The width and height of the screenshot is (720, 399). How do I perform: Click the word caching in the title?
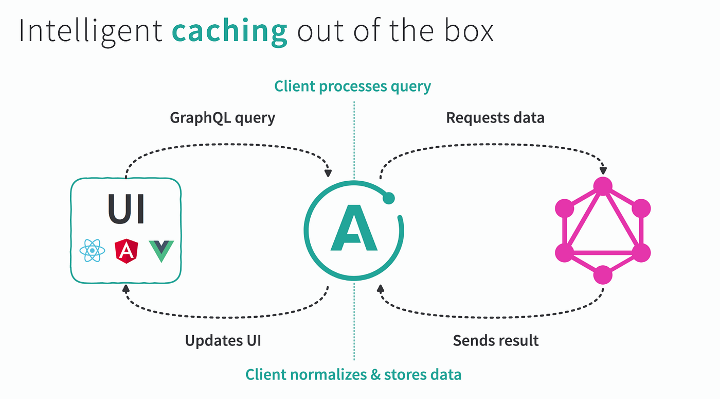pyautogui.click(x=229, y=32)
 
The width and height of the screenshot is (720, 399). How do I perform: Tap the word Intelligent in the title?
pyautogui.click(x=91, y=32)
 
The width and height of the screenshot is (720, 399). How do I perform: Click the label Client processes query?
pyautogui.click(x=352, y=86)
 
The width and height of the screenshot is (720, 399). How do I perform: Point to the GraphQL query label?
pyautogui.click(x=222, y=118)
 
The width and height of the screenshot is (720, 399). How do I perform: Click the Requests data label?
pyautogui.click(x=495, y=118)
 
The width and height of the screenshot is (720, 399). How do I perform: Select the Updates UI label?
pyautogui.click(x=223, y=340)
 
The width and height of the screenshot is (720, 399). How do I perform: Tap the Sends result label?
pyautogui.click(x=496, y=340)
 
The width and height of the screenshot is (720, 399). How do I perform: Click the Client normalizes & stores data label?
pyautogui.click(x=353, y=374)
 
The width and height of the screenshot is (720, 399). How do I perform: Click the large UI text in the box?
pyautogui.click(x=126, y=209)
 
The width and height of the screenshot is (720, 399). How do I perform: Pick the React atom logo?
pyautogui.click(x=92, y=251)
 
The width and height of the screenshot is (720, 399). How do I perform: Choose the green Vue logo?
pyautogui.click(x=161, y=251)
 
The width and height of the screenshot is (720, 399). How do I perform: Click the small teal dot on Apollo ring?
pyautogui.click(x=389, y=198)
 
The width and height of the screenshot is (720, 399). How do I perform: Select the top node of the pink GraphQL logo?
pyautogui.click(x=603, y=186)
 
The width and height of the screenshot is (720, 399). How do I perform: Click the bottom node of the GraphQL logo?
pyautogui.click(x=603, y=275)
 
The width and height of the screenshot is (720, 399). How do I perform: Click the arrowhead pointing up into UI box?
pyautogui.click(x=125, y=289)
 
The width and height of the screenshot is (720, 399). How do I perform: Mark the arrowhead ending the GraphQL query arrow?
pyautogui.click(x=328, y=171)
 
